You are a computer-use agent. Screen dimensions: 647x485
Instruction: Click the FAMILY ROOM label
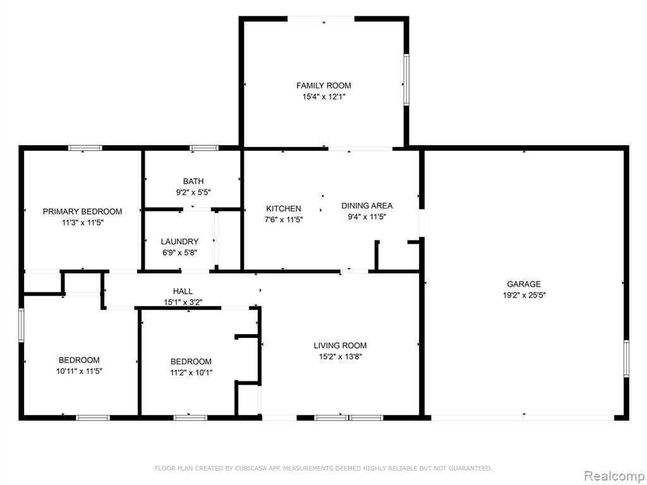point(323,86)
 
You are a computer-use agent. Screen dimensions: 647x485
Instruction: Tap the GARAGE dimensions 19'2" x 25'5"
point(524,296)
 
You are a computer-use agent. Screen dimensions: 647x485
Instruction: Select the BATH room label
point(193,181)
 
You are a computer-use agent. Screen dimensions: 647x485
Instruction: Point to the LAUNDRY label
point(179,242)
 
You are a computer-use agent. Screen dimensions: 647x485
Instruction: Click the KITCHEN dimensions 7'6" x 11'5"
point(284,220)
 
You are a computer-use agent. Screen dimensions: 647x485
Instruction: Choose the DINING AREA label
point(367,206)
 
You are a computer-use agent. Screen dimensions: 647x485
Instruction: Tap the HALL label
point(183,291)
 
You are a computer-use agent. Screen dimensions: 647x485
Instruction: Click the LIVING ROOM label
point(340,345)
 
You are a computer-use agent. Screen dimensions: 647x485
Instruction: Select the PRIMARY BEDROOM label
point(83,212)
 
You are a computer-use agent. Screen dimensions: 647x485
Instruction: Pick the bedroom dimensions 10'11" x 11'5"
point(79,371)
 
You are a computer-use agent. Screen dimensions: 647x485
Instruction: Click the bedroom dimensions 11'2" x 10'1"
point(191,373)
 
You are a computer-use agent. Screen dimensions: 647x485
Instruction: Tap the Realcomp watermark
point(614,476)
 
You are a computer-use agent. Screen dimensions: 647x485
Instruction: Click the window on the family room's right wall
point(406,80)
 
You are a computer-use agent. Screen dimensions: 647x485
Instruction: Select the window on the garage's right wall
point(626,359)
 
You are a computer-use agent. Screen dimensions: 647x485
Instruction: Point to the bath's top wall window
point(204,148)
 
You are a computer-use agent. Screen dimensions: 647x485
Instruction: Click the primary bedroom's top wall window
point(85,148)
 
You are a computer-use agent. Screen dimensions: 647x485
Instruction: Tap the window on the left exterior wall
point(21,325)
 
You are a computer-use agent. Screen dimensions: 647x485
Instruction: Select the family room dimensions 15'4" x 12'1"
point(323,97)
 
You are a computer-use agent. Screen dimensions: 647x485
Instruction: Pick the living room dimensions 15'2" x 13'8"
point(341,357)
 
